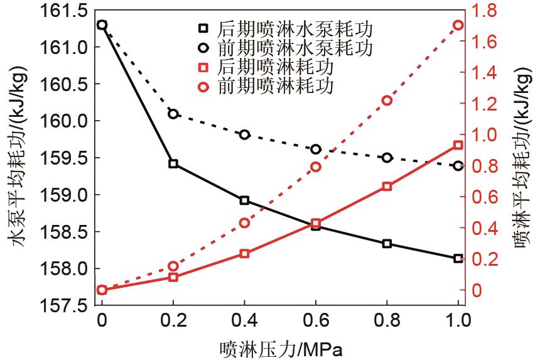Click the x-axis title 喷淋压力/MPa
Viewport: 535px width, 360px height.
point(281,348)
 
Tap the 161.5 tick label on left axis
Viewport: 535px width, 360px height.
point(63,10)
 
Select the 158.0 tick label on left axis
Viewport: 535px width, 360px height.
point(63,269)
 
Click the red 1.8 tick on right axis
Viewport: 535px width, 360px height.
point(484,10)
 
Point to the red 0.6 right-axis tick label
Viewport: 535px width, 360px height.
point(484,197)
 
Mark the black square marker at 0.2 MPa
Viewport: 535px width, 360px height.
point(173,164)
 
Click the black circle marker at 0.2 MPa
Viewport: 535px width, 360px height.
point(173,114)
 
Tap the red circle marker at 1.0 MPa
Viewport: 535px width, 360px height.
point(458,25)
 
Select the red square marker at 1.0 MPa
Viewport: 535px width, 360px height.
point(458,145)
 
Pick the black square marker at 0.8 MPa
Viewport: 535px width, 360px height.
point(387,244)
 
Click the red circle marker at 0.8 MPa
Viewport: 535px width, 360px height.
point(387,101)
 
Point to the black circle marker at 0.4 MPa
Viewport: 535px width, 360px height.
point(244,134)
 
